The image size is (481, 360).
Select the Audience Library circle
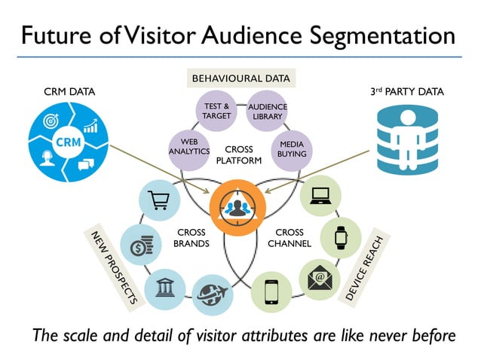(x=268, y=112)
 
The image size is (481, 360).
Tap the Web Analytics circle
(x=188, y=148)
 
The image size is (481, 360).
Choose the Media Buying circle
(x=292, y=148)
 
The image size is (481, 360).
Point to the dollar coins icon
(x=140, y=246)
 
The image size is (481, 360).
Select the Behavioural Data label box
(x=240, y=78)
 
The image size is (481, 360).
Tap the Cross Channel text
(x=289, y=238)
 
